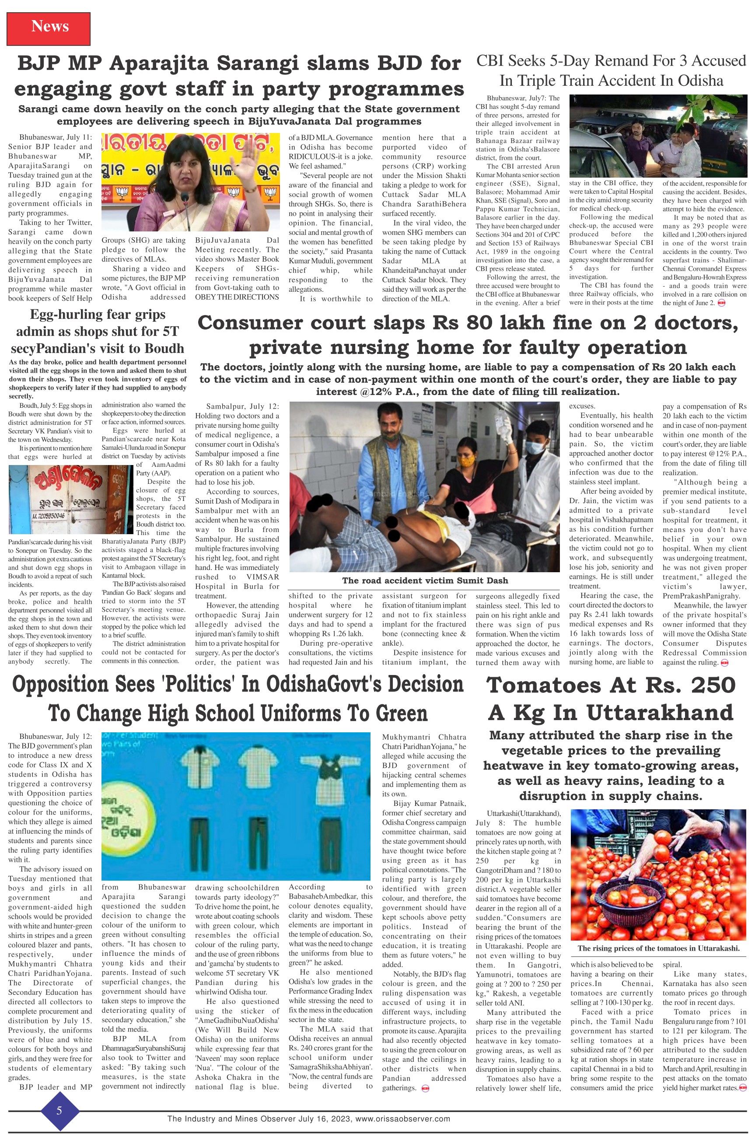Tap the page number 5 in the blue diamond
pyautogui.click(x=59, y=1111)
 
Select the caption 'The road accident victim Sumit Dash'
pyautogui.click(x=425, y=580)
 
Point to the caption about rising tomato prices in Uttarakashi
pyautogui.click(x=658, y=948)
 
